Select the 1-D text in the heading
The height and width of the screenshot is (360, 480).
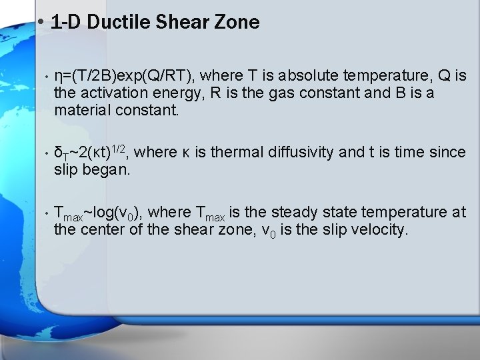tap(65, 22)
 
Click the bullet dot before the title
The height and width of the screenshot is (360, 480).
tap(41, 21)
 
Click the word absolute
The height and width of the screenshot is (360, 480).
tap(309, 75)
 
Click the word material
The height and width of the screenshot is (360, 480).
tap(82, 109)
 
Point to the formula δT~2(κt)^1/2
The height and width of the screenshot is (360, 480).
tap(91, 152)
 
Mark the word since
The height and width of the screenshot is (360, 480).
tap(447, 152)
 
